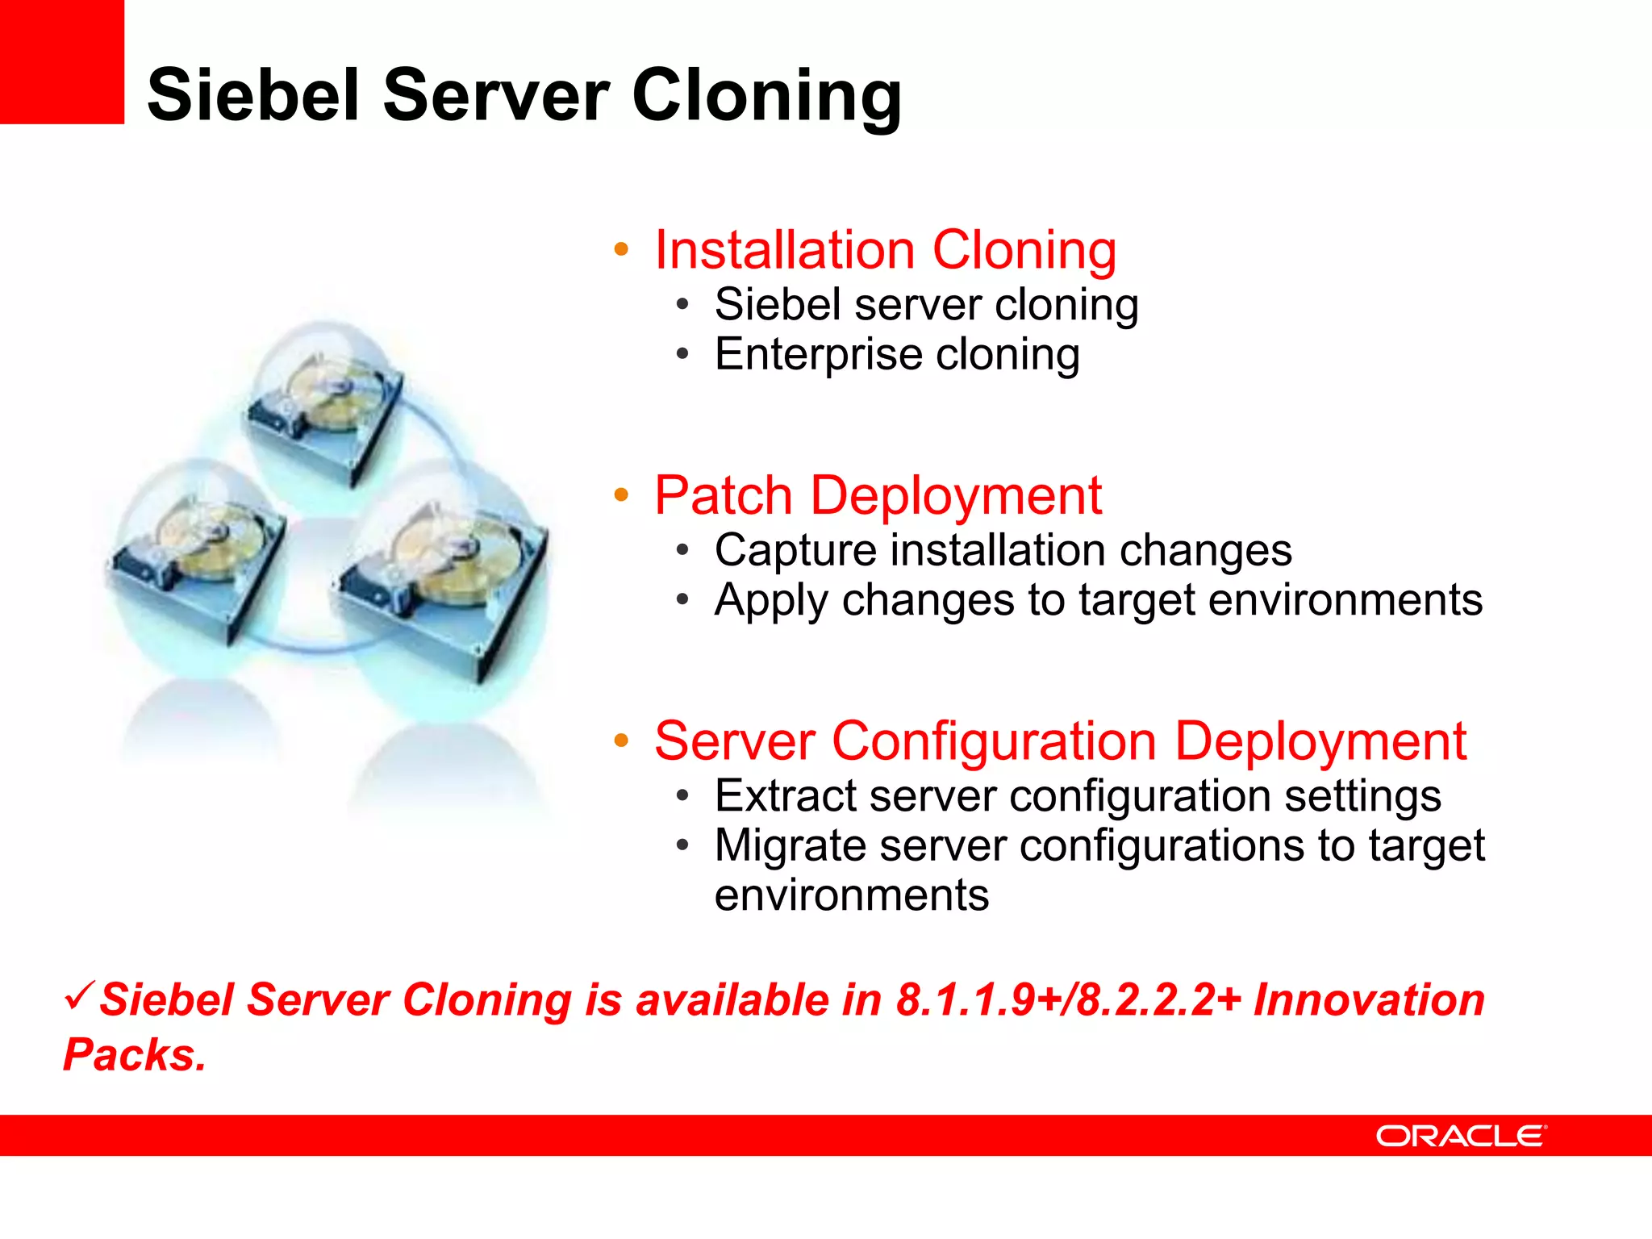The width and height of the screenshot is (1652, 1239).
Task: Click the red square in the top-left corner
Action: pos(61,61)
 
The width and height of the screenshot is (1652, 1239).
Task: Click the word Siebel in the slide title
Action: pos(253,95)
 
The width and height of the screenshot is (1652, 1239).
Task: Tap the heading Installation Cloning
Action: pos(885,250)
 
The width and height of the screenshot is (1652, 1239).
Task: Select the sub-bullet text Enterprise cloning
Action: pos(896,355)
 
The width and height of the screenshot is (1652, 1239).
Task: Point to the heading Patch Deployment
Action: pos(878,495)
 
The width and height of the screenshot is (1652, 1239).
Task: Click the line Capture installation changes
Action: pos(1003,551)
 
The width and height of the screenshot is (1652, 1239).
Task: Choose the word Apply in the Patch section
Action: pos(771,601)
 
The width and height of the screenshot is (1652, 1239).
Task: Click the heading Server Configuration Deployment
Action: pos(1060,741)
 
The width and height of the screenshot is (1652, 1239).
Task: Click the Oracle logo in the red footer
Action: pos(1461,1136)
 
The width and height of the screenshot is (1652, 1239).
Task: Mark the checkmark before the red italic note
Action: pos(80,995)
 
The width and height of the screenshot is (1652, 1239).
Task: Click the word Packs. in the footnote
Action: pos(135,1055)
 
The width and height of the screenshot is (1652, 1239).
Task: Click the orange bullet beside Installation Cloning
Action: pos(620,249)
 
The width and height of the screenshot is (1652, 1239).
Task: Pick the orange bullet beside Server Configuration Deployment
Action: pos(620,740)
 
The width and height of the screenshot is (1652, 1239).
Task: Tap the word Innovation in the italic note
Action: pos(1369,1000)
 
